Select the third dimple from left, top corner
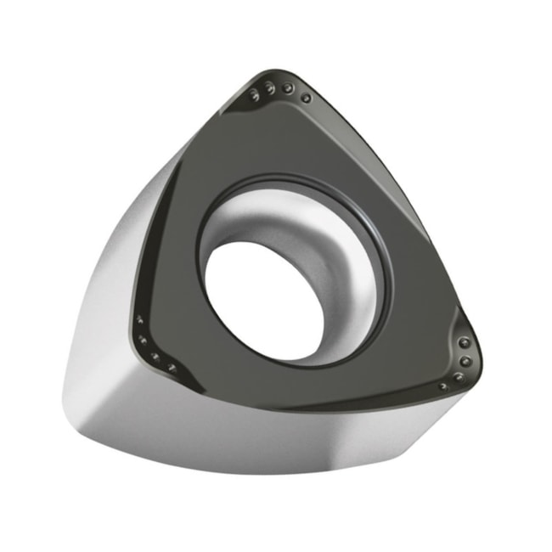click(x=289, y=88)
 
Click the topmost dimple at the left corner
click(x=138, y=320)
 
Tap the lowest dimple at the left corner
click(x=172, y=367)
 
